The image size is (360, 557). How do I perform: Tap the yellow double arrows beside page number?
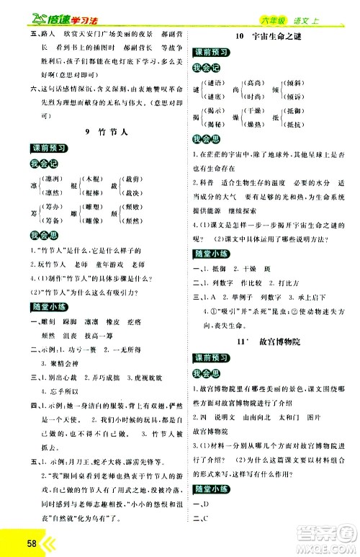(x=34, y=540)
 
